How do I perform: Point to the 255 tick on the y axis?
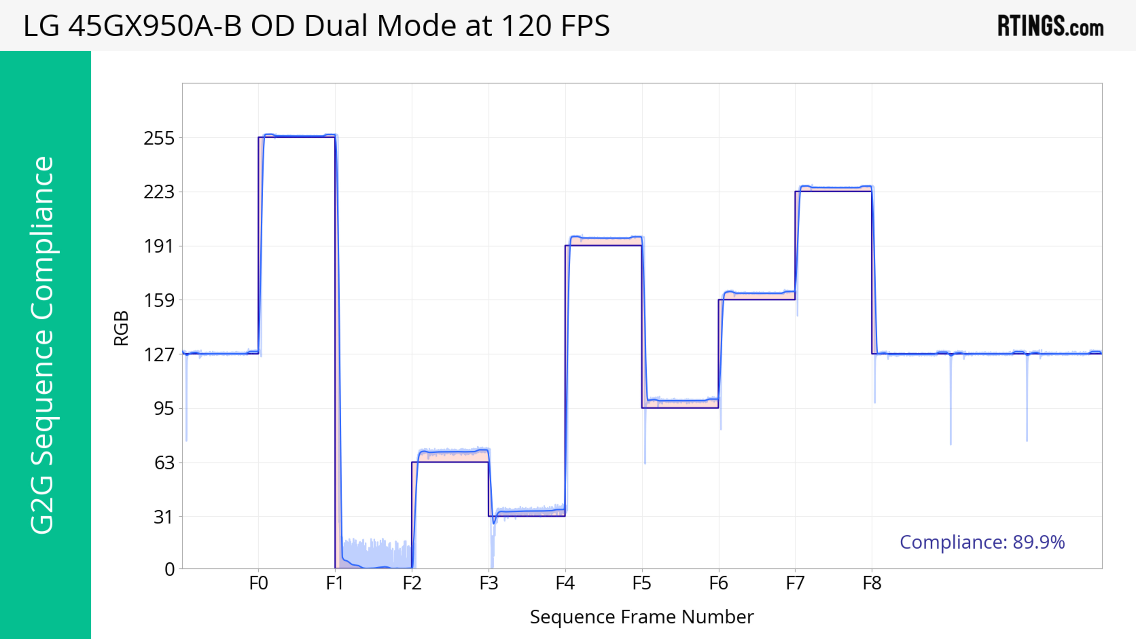(159, 138)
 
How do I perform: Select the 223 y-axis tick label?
(159, 192)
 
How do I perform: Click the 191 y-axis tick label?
(159, 246)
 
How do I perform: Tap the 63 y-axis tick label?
(164, 463)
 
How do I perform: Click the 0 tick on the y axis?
(169, 570)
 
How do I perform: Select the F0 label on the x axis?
(259, 583)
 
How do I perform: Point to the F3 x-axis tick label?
(489, 583)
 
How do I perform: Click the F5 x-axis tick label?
(642, 583)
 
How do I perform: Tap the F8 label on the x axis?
(872, 583)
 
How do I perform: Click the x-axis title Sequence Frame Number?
(642, 617)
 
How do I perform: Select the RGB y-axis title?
(121, 328)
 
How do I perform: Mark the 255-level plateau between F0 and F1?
(297, 136)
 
